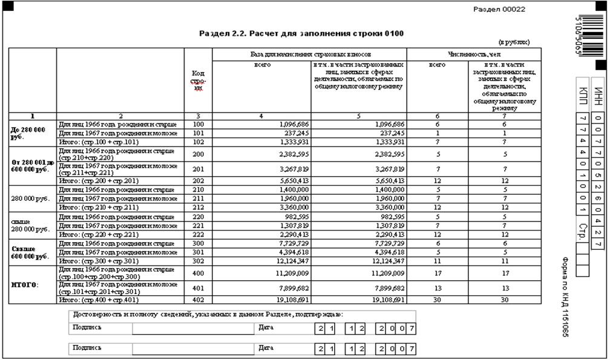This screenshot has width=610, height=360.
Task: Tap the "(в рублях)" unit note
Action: click(x=514, y=42)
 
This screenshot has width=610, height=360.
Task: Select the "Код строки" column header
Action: click(x=198, y=80)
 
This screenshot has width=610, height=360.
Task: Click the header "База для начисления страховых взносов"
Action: click(x=309, y=54)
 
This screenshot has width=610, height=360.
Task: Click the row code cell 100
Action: click(x=198, y=124)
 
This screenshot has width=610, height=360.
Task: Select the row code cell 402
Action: click(x=198, y=299)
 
